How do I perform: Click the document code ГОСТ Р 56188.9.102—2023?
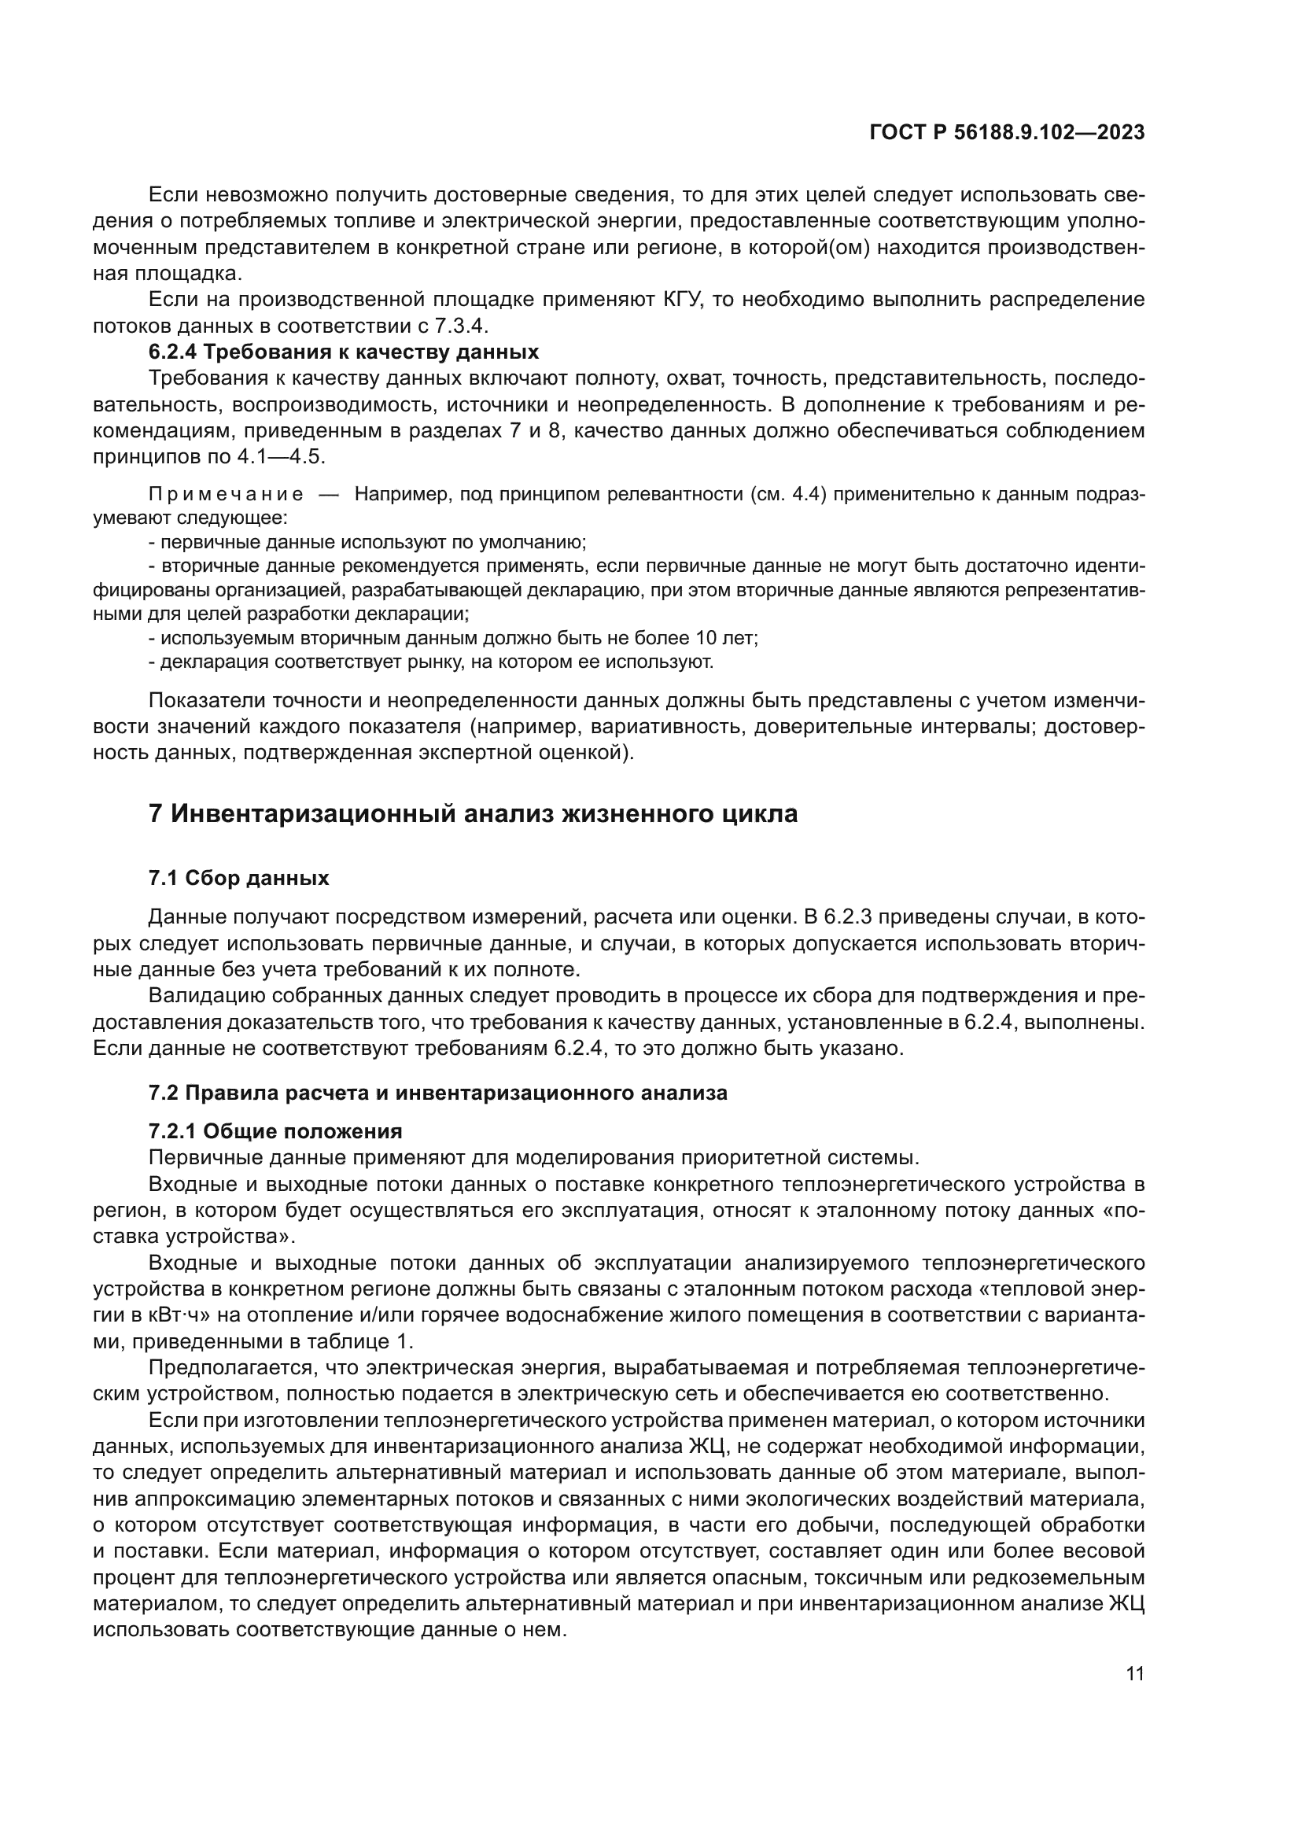1006,133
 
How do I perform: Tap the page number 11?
1134,1674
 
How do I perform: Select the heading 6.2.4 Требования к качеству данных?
344,352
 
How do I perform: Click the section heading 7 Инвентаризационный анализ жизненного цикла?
473,814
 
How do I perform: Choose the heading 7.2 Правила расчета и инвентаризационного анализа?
437,1093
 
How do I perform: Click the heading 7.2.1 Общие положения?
275,1131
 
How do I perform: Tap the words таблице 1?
365,1341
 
